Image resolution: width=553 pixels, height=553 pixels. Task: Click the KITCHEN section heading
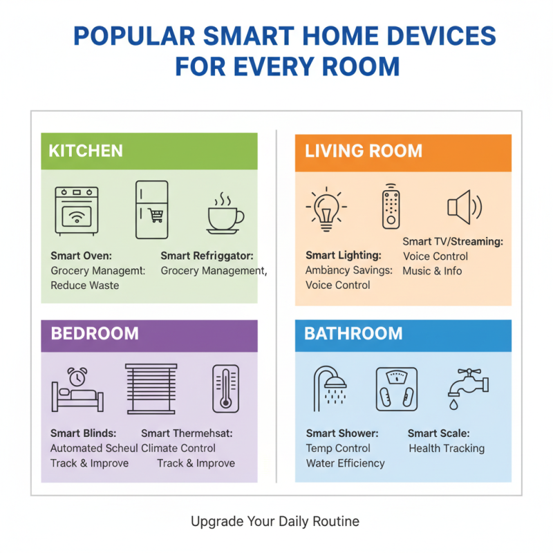click(86, 151)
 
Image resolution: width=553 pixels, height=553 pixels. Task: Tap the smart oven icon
click(77, 209)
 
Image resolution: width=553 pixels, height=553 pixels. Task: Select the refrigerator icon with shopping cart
click(151, 209)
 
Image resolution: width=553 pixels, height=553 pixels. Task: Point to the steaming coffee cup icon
click(225, 213)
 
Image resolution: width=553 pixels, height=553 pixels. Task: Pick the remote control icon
click(391, 207)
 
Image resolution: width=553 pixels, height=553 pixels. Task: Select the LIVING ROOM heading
click(364, 151)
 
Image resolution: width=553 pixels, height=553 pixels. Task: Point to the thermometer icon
click(225, 389)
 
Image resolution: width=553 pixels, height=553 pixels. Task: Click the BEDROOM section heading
click(95, 334)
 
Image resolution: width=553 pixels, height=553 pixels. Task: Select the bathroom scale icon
click(396, 390)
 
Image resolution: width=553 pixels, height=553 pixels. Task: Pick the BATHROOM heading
click(353, 334)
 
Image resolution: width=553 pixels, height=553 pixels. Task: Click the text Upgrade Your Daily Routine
click(275, 521)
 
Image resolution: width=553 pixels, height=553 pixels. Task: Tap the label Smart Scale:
click(438, 433)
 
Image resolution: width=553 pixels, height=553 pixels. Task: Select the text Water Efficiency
click(345, 463)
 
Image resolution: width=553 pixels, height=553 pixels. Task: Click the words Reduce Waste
click(85, 285)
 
